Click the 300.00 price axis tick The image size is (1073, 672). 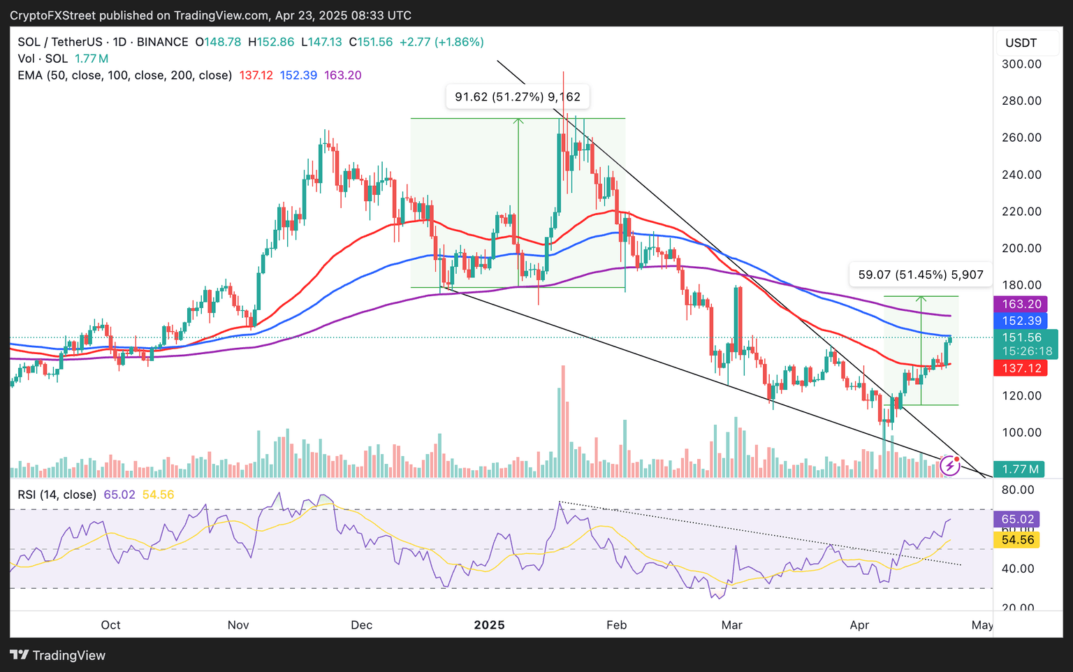[1021, 64]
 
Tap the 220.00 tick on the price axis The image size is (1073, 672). [1021, 212]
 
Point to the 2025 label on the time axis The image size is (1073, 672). [489, 624]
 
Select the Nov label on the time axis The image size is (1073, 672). [238, 624]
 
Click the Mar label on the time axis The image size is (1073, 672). [731, 624]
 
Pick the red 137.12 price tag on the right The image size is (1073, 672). [1021, 368]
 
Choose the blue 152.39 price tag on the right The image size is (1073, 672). [1021, 321]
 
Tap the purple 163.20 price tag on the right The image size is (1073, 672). [1021, 304]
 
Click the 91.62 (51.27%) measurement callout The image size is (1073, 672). [518, 97]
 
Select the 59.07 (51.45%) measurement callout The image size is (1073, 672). [921, 275]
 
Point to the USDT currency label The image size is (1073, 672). [1021, 43]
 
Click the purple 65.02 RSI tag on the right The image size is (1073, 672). [1018, 519]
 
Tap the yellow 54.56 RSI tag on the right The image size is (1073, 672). [1018, 540]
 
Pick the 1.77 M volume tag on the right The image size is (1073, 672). [1021, 469]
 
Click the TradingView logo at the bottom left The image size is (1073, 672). [57, 655]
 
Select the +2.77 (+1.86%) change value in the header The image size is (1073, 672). [441, 42]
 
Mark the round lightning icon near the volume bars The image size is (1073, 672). [949, 466]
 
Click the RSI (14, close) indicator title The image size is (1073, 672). [57, 495]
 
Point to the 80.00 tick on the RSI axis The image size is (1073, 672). [1017, 490]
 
